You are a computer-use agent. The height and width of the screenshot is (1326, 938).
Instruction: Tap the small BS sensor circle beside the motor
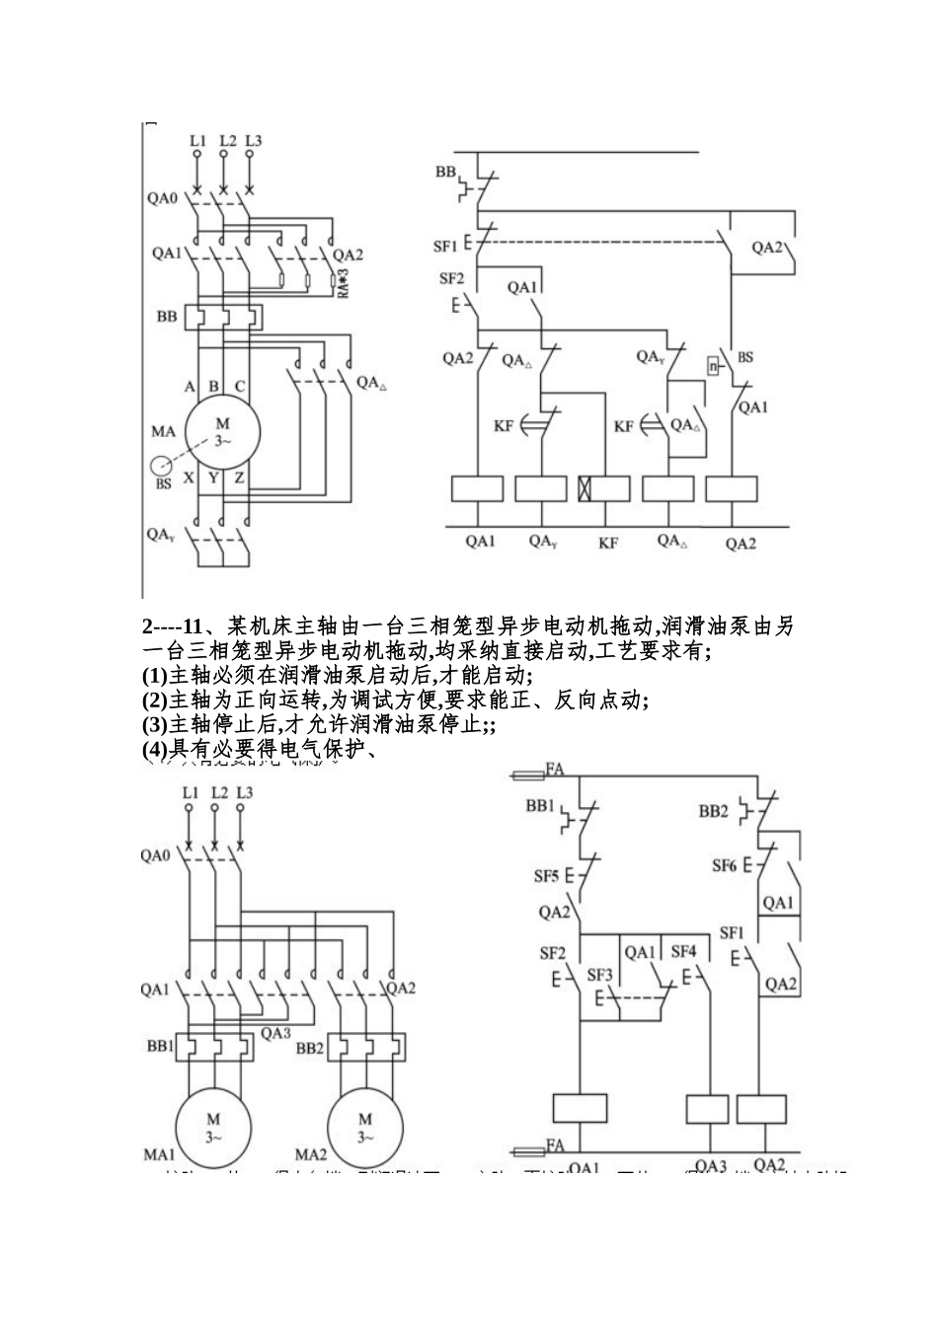[160, 466]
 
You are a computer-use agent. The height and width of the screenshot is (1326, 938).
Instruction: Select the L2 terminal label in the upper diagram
[227, 141]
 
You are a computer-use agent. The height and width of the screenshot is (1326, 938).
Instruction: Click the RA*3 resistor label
[343, 282]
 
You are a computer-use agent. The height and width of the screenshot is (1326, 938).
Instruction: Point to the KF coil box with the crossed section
[603, 488]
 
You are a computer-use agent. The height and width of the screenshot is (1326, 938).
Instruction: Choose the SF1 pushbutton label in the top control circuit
[445, 245]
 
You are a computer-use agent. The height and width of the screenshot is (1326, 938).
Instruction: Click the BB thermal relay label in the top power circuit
[167, 317]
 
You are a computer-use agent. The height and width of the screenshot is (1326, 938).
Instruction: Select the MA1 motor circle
[213, 1127]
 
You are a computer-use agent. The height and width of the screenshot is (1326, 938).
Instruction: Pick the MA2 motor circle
[365, 1127]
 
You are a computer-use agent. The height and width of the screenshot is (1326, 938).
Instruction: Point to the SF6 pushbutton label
[726, 865]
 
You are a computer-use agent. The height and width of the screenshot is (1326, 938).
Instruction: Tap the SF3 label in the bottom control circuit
[600, 975]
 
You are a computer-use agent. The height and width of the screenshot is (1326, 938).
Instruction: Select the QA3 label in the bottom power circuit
[275, 1033]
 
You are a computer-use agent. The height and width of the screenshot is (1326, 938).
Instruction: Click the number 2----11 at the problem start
[172, 626]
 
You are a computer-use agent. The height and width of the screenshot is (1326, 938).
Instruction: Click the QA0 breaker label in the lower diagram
[154, 855]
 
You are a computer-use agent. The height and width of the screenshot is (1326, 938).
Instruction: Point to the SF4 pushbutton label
[683, 952]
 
